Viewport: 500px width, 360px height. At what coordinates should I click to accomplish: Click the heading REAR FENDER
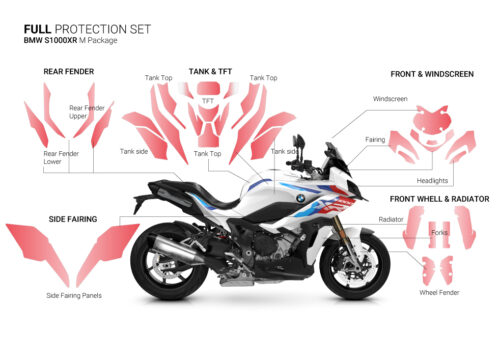(69, 72)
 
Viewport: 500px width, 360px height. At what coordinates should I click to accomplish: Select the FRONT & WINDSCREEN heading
(432, 73)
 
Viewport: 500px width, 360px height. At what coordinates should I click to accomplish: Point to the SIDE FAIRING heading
(72, 217)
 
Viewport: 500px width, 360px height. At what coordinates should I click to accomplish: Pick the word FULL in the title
(38, 29)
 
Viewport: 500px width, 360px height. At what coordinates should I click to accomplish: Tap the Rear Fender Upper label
(87, 112)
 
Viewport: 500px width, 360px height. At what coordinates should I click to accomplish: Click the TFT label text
(208, 101)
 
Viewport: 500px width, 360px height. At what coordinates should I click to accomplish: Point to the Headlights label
(433, 180)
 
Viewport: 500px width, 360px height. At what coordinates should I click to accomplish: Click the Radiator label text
(391, 218)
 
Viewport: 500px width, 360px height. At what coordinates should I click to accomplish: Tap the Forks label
(440, 233)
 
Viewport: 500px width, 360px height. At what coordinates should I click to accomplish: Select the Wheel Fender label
(438, 294)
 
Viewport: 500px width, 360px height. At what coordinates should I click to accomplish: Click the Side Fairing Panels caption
(74, 295)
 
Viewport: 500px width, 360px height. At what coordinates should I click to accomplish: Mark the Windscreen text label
(390, 100)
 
